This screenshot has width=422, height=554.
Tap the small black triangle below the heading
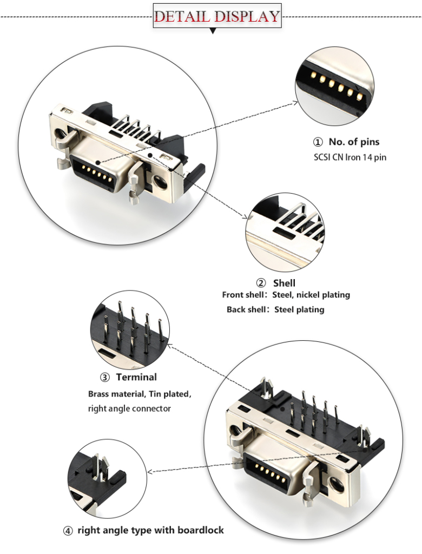(213, 31)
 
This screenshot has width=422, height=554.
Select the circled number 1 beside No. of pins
(318, 142)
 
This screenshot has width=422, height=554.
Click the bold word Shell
(284, 283)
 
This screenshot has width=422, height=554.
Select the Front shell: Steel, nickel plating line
(286, 295)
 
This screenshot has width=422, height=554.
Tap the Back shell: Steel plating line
(275, 310)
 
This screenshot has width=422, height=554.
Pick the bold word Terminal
(136, 378)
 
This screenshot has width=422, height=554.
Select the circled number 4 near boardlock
(68, 531)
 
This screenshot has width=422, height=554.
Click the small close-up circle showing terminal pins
(130, 329)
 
